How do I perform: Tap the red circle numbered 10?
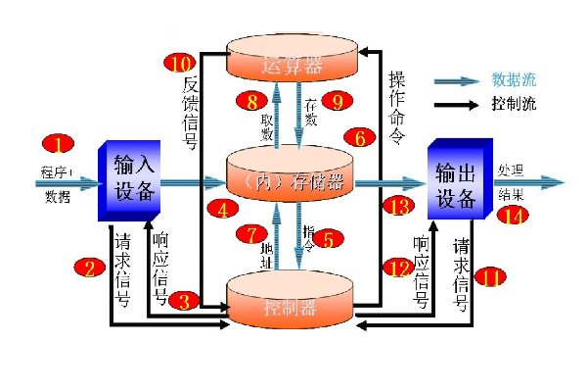178,64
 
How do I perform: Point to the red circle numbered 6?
360,139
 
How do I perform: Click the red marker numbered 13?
397,207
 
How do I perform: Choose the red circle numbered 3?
183,299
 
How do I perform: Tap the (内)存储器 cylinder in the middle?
290,181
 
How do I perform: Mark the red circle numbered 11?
489,278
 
